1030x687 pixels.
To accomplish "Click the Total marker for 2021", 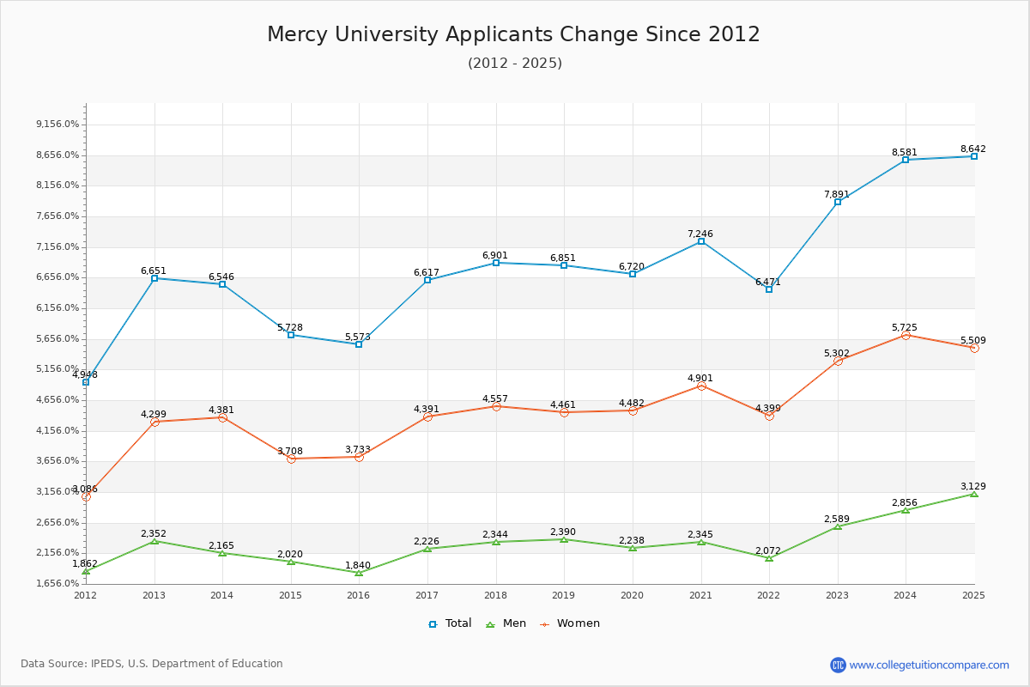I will (701, 241).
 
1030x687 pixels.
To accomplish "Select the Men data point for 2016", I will (359, 573).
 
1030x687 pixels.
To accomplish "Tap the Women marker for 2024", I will (906, 335).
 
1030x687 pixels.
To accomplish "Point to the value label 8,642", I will (973, 149).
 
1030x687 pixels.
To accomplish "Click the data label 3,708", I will (290, 451).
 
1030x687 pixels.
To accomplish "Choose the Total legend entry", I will (450, 623).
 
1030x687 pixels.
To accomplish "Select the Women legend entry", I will (570, 623).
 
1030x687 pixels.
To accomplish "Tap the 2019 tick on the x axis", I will (564, 594).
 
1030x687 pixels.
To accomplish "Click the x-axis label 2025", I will (973, 594).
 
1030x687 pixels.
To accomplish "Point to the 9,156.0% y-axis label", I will (58, 124).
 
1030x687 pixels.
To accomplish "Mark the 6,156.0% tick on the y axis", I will (58, 307).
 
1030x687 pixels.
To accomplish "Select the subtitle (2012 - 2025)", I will (514, 64).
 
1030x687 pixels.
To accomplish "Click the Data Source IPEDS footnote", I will (152, 664).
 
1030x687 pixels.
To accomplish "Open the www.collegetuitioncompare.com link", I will (929, 665).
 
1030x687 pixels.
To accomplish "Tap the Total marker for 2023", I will (838, 202).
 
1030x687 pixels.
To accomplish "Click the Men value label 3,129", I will (973, 486).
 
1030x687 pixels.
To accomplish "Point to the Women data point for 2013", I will (154, 422).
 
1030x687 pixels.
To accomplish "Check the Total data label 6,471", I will (768, 282).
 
